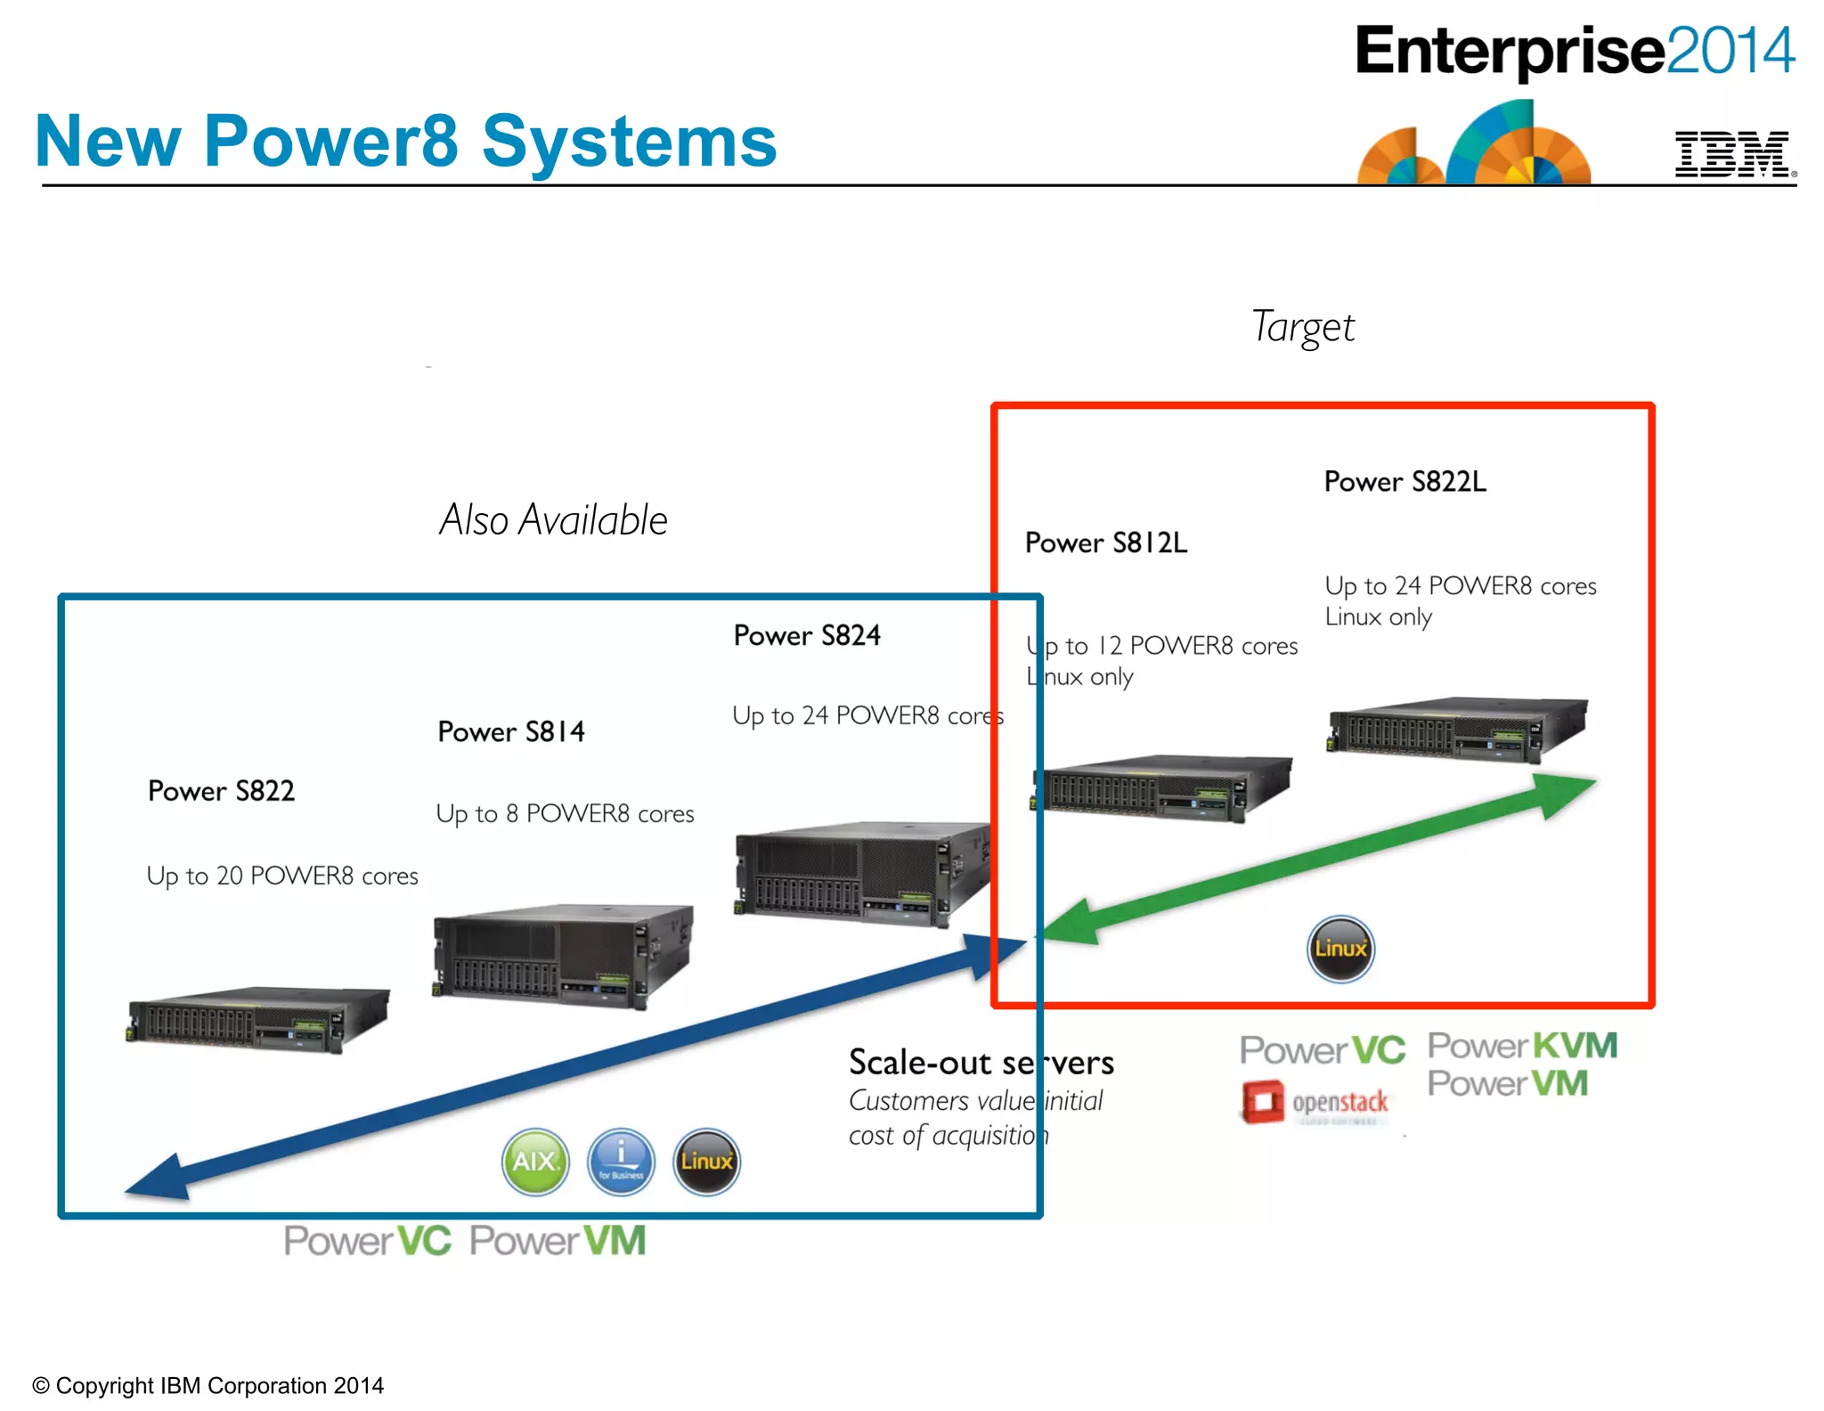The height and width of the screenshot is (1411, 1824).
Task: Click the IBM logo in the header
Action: [1732, 154]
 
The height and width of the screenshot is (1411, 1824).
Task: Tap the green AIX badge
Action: [535, 1162]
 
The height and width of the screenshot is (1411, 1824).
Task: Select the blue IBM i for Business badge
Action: [621, 1162]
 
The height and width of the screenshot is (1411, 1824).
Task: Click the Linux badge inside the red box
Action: [1340, 949]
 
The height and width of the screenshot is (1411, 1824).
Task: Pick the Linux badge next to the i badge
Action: [706, 1162]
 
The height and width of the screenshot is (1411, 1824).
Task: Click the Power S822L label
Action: [1405, 482]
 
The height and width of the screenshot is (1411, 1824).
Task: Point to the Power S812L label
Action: [1105, 542]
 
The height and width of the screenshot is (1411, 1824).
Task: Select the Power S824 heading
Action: [807, 635]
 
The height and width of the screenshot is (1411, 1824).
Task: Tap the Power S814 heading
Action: [511, 731]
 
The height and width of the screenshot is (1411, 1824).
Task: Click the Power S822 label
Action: [221, 791]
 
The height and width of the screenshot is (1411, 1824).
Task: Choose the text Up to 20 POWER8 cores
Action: [282, 876]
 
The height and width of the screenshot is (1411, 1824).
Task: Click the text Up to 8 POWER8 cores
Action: [565, 813]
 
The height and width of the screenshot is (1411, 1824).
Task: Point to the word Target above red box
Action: [1302, 327]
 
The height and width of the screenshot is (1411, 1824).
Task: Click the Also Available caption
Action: [553, 520]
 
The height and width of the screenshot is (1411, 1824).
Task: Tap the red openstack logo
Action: [1315, 1103]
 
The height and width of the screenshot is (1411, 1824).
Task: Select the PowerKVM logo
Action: [1522, 1046]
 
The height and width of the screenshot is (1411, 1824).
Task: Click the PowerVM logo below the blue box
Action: [558, 1241]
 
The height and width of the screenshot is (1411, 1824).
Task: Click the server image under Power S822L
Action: [1457, 728]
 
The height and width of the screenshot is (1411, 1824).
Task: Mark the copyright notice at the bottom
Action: [208, 1385]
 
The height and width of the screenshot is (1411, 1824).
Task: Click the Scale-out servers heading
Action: [981, 1063]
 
